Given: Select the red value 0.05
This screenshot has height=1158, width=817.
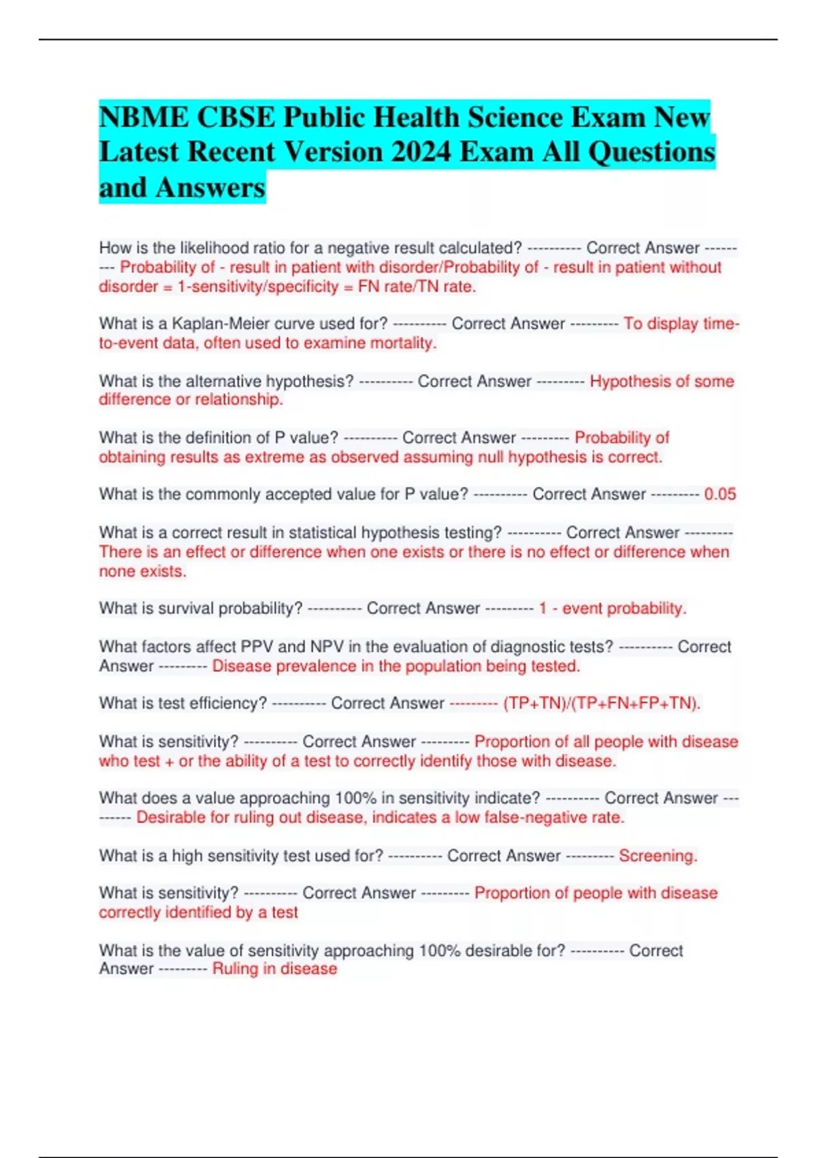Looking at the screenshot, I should coord(720,495).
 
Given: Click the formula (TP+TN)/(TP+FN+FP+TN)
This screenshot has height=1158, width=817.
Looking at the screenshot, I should coord(602,704).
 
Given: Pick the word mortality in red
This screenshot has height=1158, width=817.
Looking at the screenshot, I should coord(403,343).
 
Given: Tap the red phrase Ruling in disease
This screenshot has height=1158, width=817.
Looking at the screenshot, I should coord(274,969).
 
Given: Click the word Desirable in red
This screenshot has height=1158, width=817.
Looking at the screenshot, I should coord(172,817).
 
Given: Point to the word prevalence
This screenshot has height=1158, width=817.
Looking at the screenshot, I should coord(306,666).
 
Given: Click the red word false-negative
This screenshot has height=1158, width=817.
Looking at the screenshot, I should coord(532,817).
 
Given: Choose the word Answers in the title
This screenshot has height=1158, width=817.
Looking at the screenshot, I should coord(210,187).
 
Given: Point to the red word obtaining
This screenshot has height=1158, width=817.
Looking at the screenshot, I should coord(133,457).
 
